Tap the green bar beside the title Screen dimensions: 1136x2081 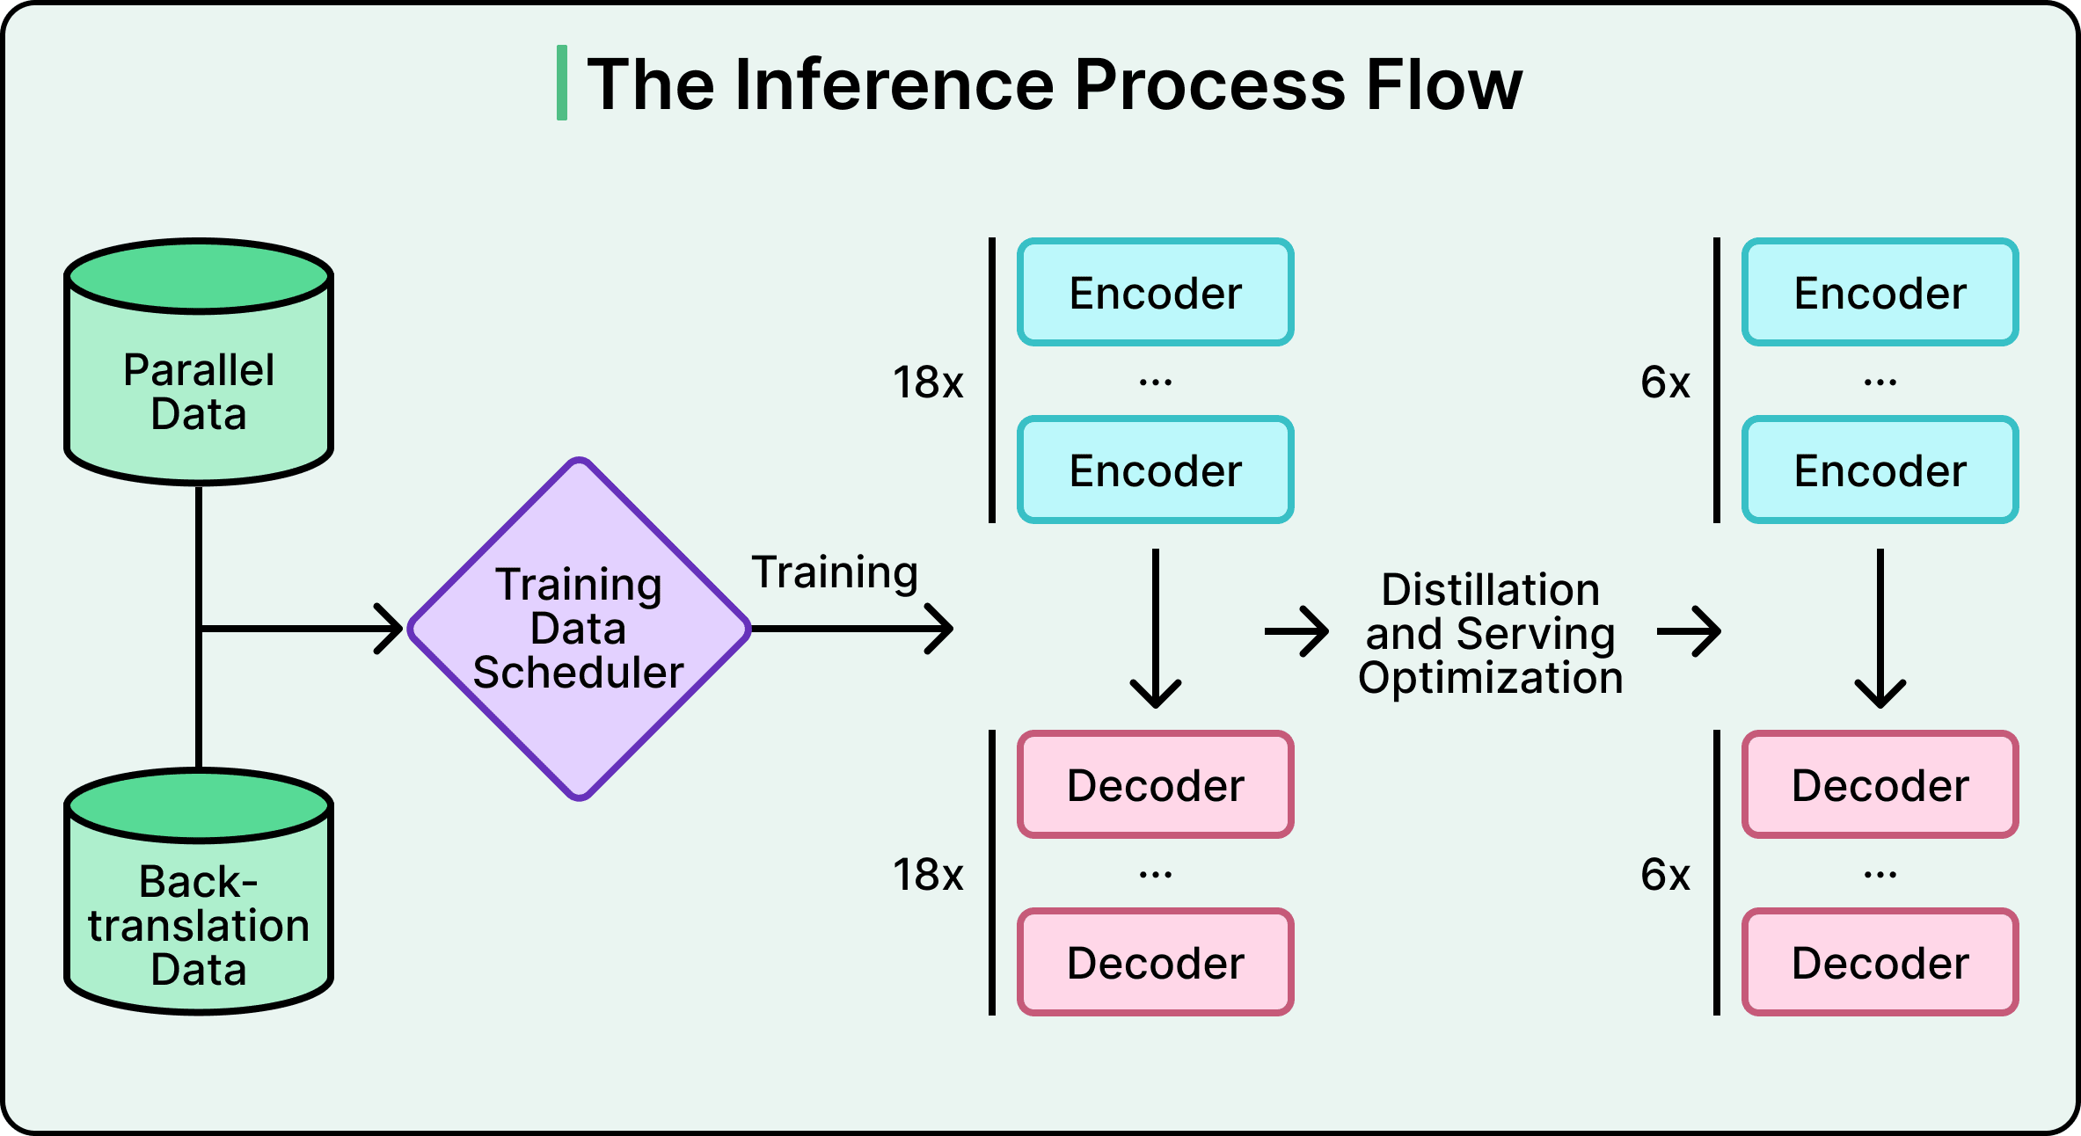562,84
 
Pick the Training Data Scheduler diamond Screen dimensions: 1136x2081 579,629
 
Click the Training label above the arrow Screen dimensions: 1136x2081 835,573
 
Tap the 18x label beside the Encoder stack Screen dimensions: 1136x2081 928,382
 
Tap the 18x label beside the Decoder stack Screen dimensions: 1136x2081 928,875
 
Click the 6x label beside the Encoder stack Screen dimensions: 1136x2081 1665,382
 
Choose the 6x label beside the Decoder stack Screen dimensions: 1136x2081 1665,875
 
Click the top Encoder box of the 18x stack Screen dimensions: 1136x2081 1156,293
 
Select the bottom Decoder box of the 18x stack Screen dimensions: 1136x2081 1156,963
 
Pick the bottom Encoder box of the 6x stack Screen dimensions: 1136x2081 1880,470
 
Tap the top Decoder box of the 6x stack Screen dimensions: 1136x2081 1880,785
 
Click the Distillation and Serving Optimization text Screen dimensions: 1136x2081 1491,633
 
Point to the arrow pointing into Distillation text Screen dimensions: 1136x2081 1297,631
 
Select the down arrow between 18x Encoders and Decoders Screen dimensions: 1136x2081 1156,629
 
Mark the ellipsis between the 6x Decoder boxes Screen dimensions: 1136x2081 1880,875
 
